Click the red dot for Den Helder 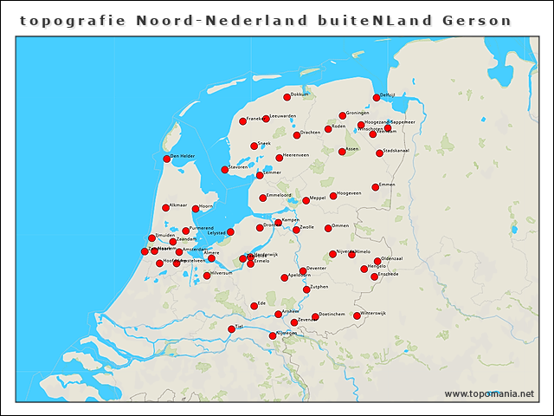pyautogui.click(x=166, y=159)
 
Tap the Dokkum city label pyautogui.click(x=300, y=94)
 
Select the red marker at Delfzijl pyautogui.click(x=377, y=97)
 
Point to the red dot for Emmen pyautogui.click(x=376, y=186)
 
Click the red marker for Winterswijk pyautogui.click(x=357, y=315)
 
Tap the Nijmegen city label pyautogui.click(x=287, y=333)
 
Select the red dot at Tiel pyautogui.click(x=231, y=329)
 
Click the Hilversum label pyautogui.click(x=222, y=273)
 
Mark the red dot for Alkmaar pyautogui.click(x=165, y=208)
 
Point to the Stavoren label pyautogui.click(x=239, y=167)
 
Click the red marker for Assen pyautogui.click(x=342, y=152)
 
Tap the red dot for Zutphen pyautogui.click(x=304, y=289)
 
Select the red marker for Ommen pyautogui.click(x=328, y=229)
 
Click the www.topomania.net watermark pyautogui.click(x=489, y=394)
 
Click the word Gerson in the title pyautogui.click(x=476, y=20)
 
